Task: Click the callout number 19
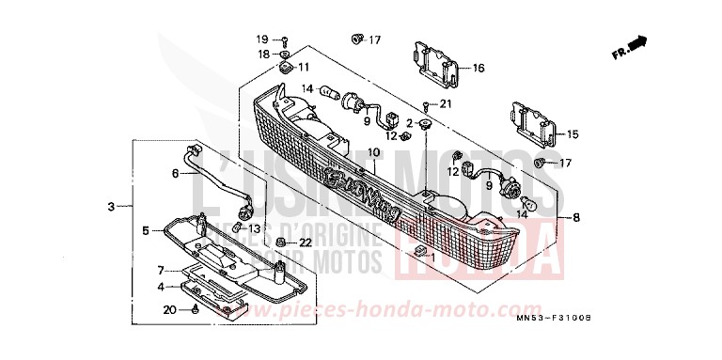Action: click(264, 39)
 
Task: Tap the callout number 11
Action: click(304, 68)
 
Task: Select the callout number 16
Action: click(479, 68)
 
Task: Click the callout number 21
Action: click(447, 102)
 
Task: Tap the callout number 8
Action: click(575, 218)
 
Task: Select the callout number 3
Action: click(111, 206)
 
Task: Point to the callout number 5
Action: click(146, 230)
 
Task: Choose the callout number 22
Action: click(278, 243)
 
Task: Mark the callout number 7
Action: click(161, 269)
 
